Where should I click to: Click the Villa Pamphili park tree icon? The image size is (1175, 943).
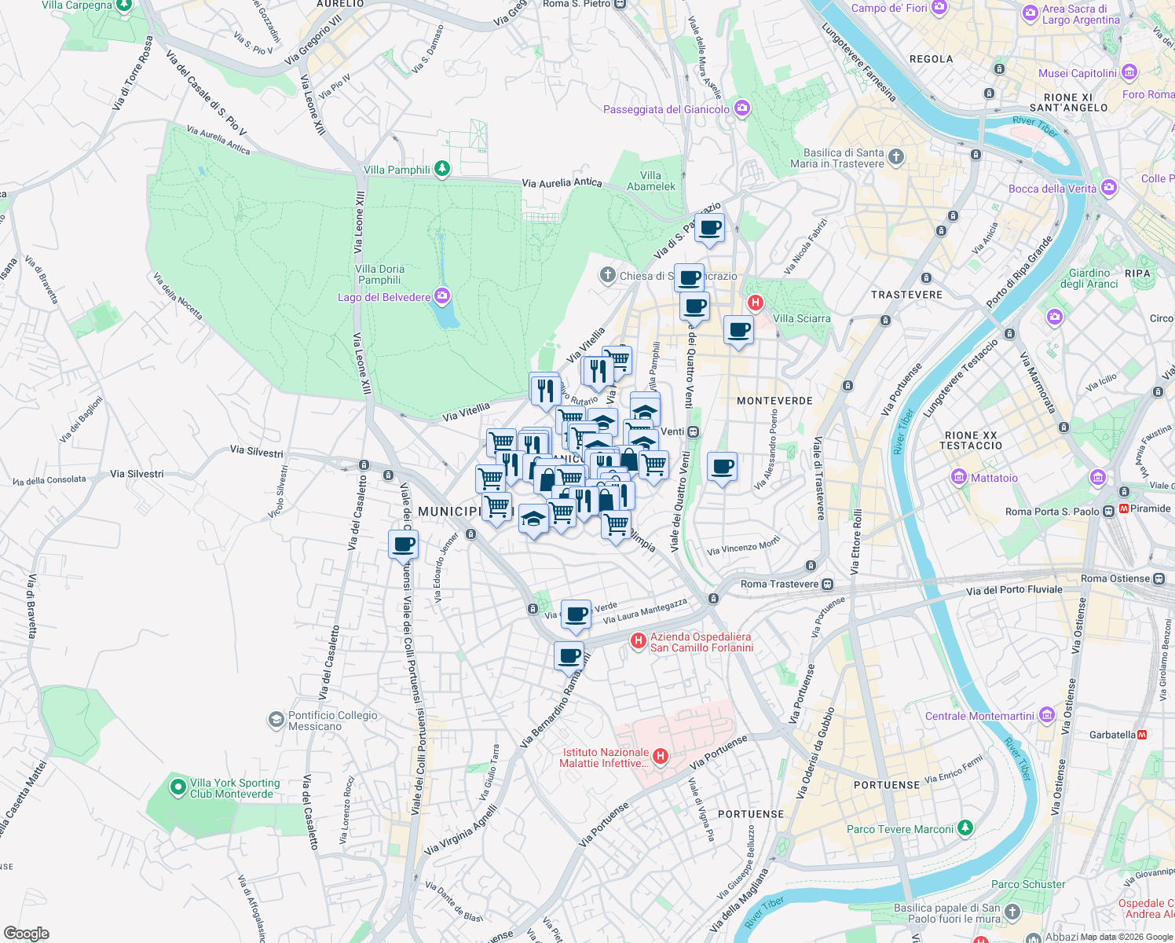tap(442, 169)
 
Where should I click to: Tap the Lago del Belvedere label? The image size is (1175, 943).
tap(384, 297)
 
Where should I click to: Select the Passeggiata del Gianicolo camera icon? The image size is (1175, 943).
tap(742, 109)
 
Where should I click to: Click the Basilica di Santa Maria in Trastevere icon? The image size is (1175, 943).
tap(895, 157)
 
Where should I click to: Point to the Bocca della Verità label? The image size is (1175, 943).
tap(1052, 189)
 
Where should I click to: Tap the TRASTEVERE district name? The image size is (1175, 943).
tap(906, 295)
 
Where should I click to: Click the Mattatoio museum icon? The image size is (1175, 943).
tap(958, 477)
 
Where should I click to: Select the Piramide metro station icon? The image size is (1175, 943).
tap(1124, 508)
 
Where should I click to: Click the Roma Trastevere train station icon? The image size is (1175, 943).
tap(827, 584)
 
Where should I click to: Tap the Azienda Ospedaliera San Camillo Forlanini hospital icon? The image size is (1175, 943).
tap(639, 642)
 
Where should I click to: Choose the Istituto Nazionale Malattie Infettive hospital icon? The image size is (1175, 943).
tap(661, 757)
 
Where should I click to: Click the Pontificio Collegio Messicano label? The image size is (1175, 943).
tap(332, 721)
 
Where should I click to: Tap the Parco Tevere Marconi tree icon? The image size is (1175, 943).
tap(965, 828)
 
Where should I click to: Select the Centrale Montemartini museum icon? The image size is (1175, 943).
tap(1046, 715)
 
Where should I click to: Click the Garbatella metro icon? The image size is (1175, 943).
tap(1142, 735)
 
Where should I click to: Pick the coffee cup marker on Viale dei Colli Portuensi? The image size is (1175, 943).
tap(404, 544)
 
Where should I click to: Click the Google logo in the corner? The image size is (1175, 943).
tap(26, 934)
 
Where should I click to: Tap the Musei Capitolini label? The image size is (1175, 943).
tap(1077, 73)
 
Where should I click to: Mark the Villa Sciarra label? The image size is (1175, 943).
tap(801, 318)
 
